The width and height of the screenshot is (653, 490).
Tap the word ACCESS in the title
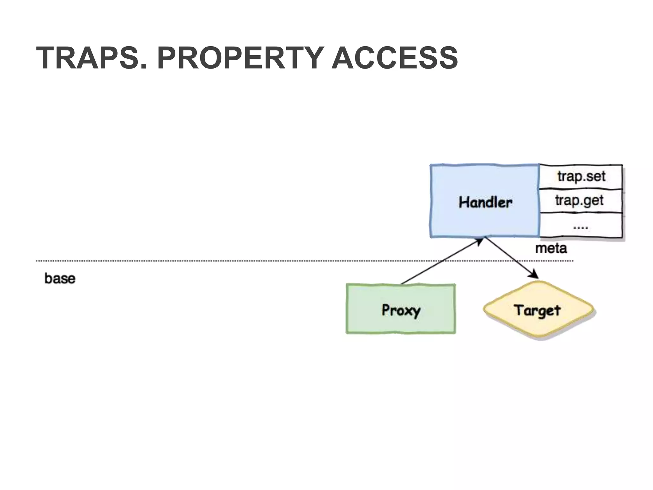395,58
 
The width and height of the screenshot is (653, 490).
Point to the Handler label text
485,202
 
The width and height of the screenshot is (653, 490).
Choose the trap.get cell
579,201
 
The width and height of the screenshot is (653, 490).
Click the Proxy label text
401,310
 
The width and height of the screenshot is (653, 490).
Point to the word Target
537,310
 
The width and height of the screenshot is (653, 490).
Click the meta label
551,248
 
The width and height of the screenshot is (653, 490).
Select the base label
60,278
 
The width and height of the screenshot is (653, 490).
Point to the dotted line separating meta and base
223,261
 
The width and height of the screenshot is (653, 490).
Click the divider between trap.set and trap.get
581,189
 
